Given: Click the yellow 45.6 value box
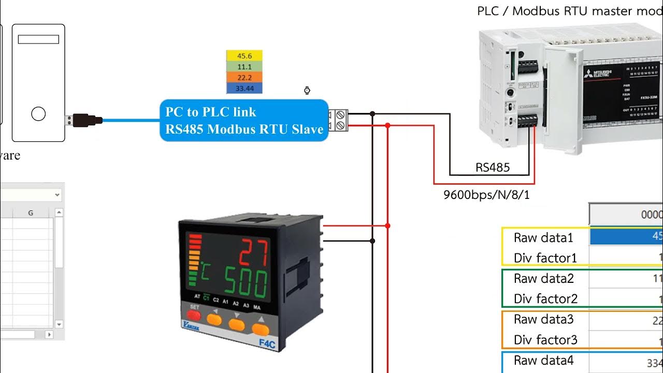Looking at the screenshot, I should coord(244,56).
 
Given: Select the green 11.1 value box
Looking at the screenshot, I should coord(244,67).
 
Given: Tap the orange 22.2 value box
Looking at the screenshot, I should coord(244,78).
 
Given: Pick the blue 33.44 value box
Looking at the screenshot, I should coord(244,89).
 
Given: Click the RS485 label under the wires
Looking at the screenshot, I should coord(493,167).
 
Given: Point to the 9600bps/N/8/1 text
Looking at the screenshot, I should coord(486,195).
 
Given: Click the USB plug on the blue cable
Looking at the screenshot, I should coord(83,120).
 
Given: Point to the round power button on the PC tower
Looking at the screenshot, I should coord(38,114).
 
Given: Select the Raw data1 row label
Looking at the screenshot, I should coord(543,238).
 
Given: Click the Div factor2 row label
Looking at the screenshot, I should coord(545,299).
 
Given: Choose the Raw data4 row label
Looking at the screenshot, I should coord(543,360).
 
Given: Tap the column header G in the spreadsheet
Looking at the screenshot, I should coord(31,212).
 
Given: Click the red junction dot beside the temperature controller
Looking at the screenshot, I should coord(387,226).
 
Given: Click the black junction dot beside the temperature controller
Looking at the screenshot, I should coord(372,241).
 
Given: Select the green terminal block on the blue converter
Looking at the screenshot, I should coord(340,120).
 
